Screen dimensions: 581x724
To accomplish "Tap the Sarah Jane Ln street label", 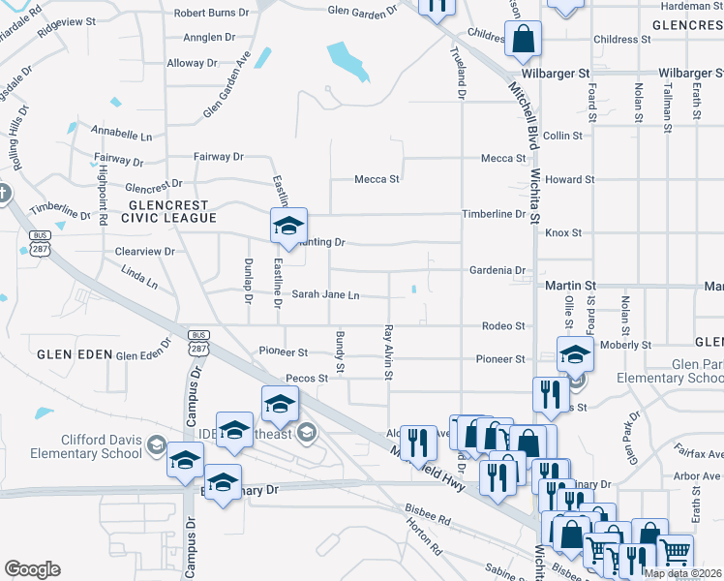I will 325,294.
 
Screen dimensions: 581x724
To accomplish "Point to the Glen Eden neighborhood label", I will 68,355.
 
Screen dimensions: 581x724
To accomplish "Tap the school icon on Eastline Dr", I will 287,227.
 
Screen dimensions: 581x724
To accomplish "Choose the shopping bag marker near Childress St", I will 523,40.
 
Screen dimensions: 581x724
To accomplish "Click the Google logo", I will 33,568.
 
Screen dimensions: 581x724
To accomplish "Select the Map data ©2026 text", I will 683,573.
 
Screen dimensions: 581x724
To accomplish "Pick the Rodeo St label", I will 505,326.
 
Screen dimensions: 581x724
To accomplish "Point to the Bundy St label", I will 340,351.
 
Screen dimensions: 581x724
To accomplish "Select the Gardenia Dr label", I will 497,270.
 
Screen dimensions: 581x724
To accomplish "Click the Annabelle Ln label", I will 122,130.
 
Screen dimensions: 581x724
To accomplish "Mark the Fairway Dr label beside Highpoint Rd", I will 118,161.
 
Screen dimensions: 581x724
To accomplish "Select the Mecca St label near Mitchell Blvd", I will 503,158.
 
